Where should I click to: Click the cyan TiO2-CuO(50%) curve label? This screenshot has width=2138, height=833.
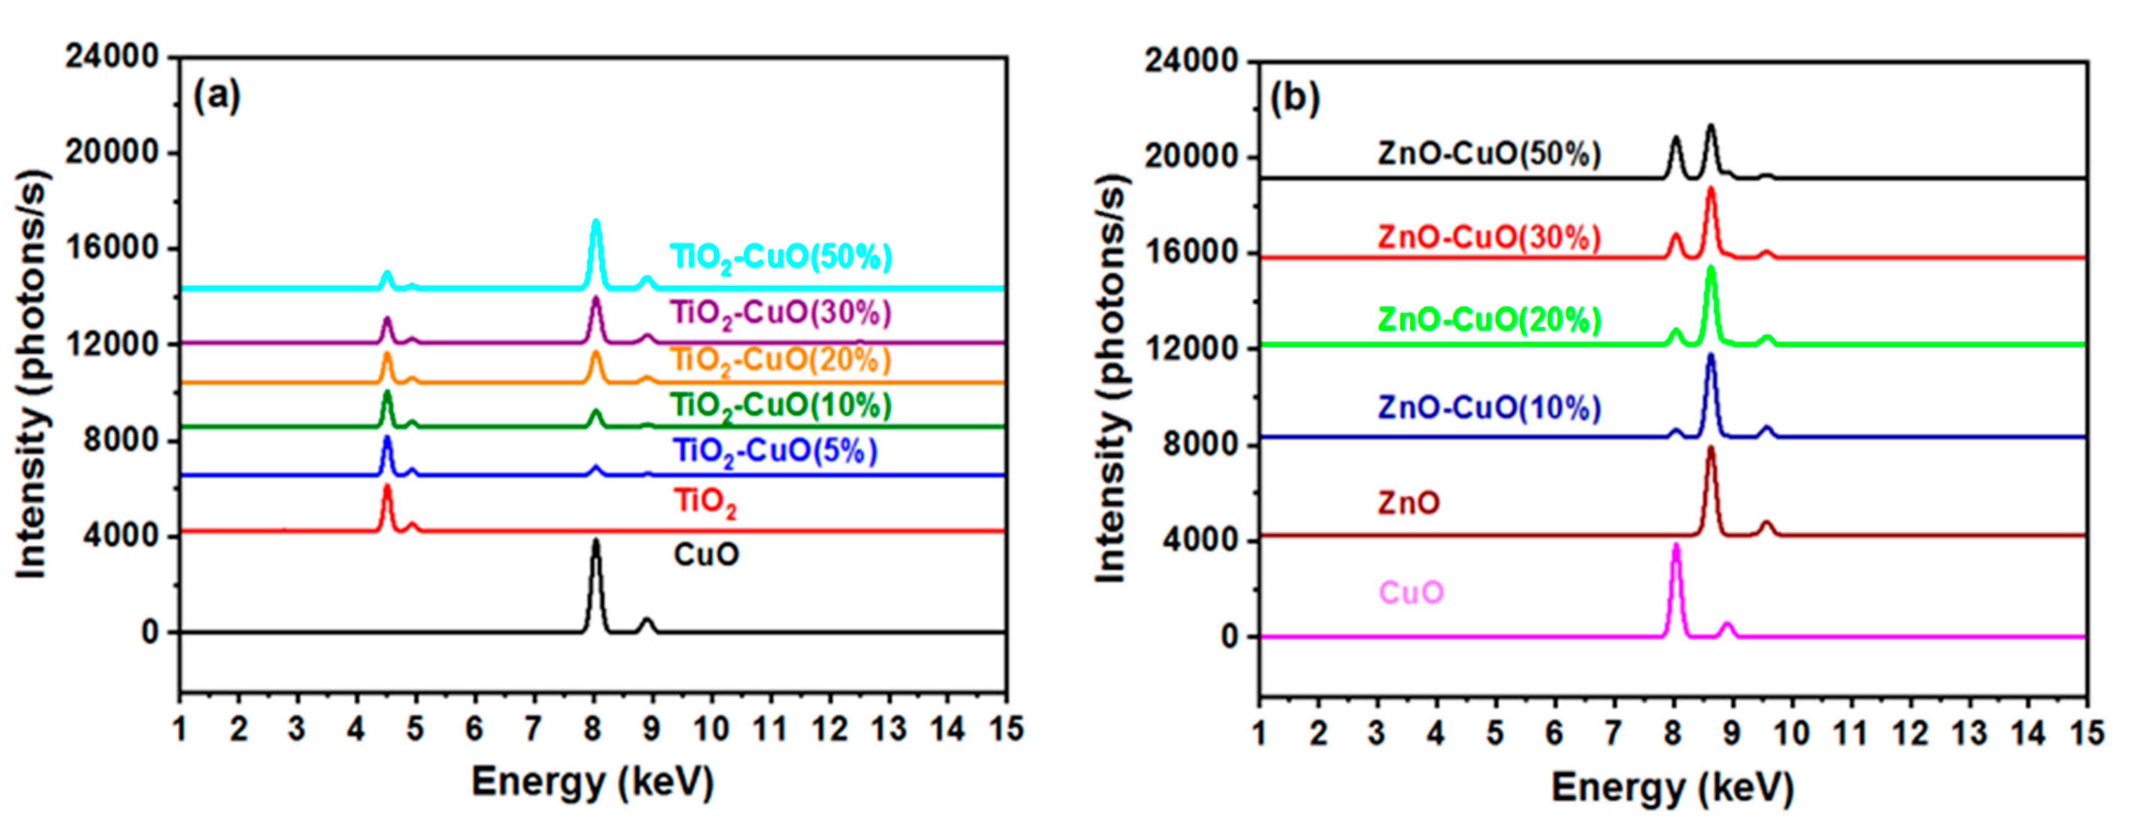[781, 257]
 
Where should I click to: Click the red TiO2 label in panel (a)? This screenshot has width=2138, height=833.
[704, 502]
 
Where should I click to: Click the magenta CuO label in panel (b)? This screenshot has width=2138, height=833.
[1411, 592]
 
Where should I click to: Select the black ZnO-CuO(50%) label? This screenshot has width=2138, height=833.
[1489, 154]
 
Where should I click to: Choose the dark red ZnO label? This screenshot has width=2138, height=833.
[1408, 503]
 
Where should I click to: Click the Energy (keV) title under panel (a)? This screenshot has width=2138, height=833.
[592, 782]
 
